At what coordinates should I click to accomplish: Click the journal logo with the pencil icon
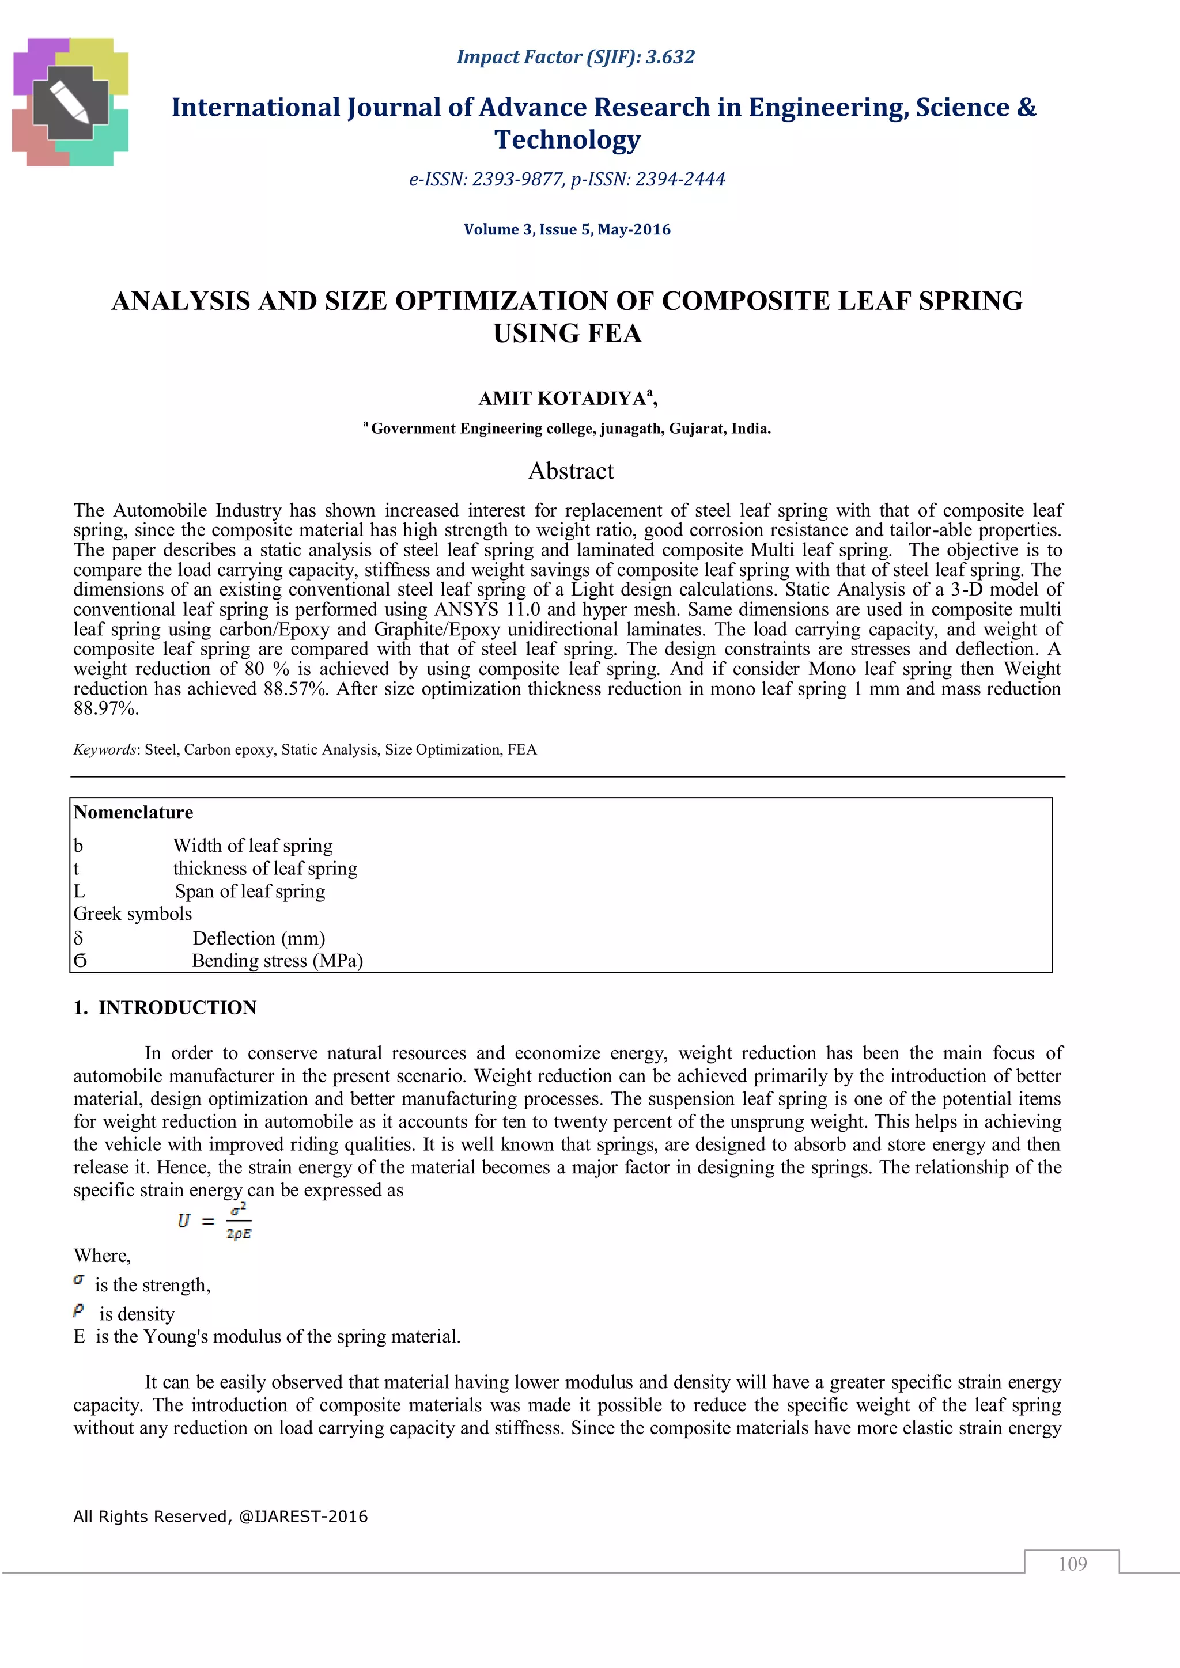(70, 103)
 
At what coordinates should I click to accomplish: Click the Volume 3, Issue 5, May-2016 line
(567, 230)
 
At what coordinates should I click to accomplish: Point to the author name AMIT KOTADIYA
(562, 399)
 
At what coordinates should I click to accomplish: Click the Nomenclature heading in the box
(133, 812)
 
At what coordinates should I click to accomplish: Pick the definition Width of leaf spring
(252, 846)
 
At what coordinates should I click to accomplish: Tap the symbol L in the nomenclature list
(79, 892)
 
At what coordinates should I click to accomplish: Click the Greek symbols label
(133, 914)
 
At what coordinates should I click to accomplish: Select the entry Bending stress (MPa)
(277, 961)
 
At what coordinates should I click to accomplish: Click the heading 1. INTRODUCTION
(165, 1007)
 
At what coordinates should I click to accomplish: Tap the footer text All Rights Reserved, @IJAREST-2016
(220, 1516)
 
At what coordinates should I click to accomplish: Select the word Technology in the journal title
(568, 139)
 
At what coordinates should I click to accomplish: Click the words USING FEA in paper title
(567, 333)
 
